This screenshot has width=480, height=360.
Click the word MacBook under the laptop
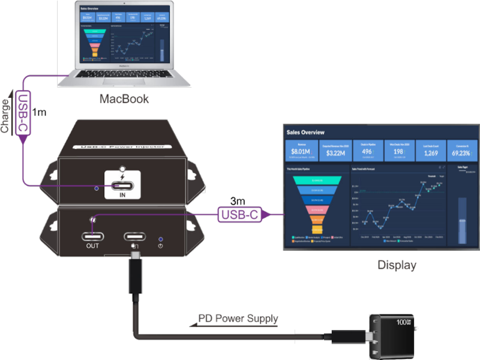[x=124, y=98]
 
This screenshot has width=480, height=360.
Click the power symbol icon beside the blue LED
[x=160, y=245]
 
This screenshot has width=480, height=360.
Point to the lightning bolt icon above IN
[x=124, y=178]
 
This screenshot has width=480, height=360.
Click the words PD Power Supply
[x=238, y=319]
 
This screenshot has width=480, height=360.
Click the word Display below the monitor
[x=396, y=265]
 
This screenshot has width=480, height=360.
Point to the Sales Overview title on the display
[x=305, y=132]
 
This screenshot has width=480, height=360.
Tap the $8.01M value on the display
[x=300, y=152]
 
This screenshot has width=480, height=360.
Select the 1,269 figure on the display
[x=430, y=152]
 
